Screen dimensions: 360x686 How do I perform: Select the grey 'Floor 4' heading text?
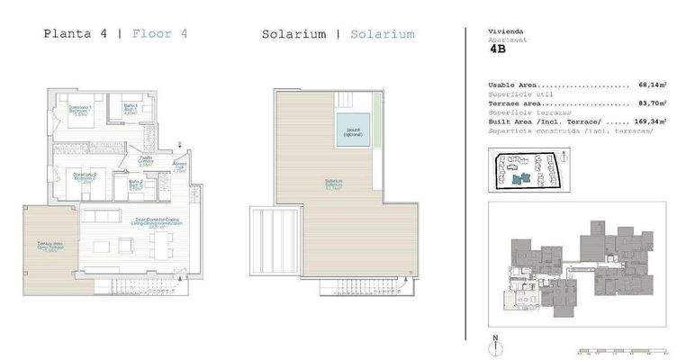click(159, 34)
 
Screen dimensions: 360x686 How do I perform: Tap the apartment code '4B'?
click(498, 50)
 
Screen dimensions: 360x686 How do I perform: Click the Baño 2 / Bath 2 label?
click(135, 184)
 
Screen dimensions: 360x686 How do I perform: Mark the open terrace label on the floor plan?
click(50, 247)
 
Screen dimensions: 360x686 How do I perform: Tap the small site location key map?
click(526, 170)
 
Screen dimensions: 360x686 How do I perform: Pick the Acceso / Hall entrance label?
click(179, 167)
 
